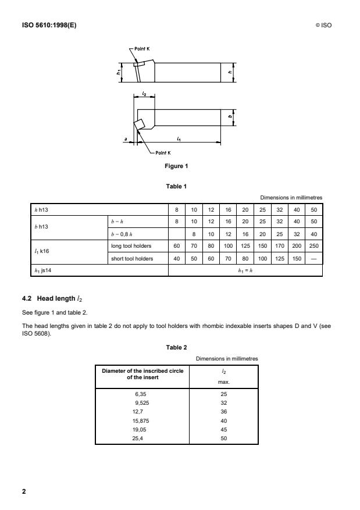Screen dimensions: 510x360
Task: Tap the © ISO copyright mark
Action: (x=323, y=25)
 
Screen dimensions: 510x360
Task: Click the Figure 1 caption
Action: (x=177, y=166)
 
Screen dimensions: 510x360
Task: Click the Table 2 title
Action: (x=176, y=347)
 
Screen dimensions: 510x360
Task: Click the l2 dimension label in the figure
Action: (x=144, y=93)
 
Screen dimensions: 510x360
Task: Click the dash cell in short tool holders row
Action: (x=315, y=259)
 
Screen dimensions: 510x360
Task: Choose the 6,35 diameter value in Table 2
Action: (x=142, y=394)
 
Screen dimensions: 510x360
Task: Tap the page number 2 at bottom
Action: (x=24, y=492)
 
